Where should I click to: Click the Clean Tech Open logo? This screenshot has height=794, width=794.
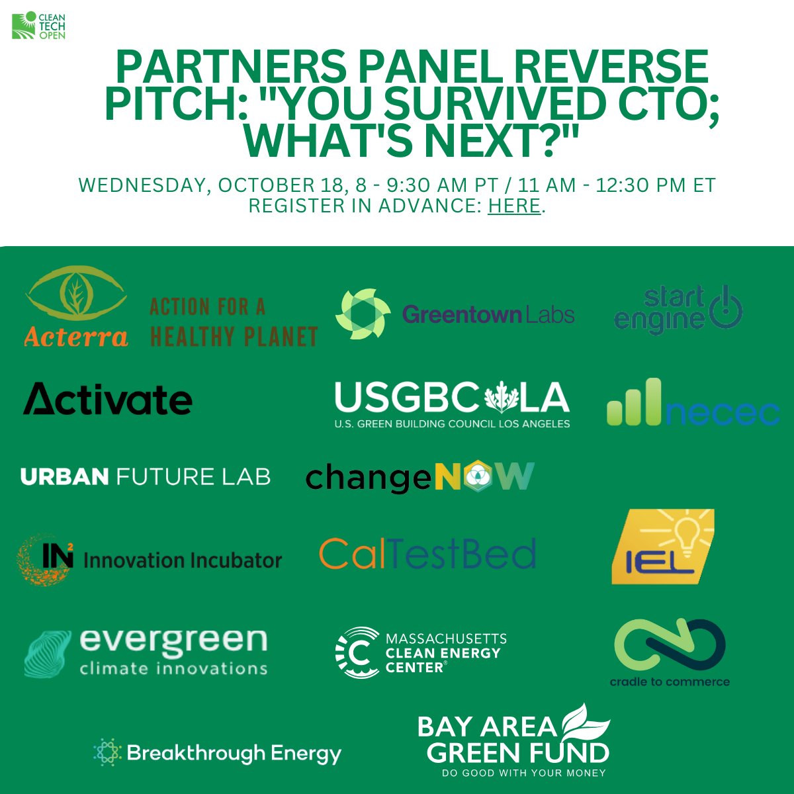click(38, 25)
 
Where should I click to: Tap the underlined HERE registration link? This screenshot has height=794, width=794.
click(514, 206)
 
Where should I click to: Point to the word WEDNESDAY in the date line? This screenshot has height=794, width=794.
click(140, 185)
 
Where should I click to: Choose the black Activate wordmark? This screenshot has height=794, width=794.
click(108, 399)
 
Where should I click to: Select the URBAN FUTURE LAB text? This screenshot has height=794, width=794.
click(146, 476)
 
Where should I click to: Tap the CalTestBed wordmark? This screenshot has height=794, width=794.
click(427, 554)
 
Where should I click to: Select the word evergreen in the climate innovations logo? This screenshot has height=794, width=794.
click(173, 640)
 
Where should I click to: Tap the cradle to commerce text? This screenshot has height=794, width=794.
click(670, 682)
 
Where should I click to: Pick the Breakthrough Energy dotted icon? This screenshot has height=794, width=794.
click(108, 752)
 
